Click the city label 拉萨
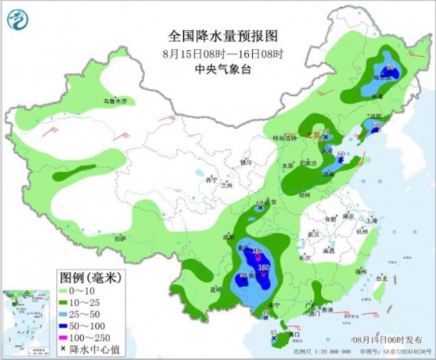point(120,238)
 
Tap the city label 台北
point(381,278)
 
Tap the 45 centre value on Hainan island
point(275,331)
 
